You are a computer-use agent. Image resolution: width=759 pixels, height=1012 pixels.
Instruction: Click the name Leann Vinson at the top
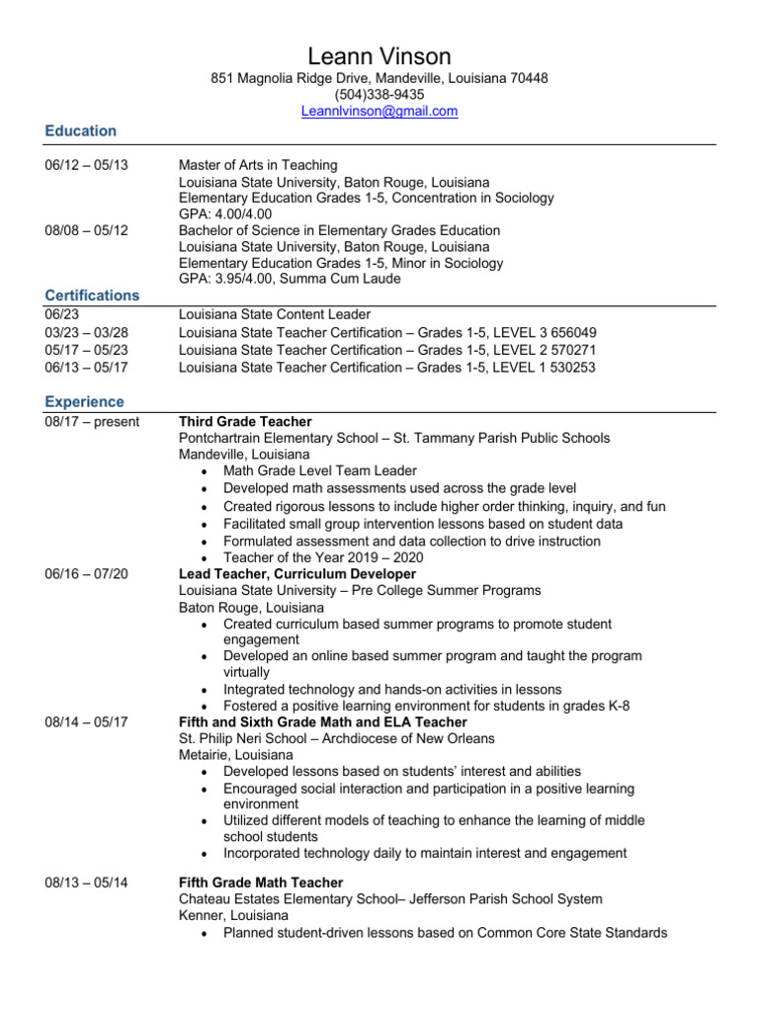(379, 55)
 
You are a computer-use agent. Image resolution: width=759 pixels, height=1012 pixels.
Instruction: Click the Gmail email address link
(379, 112)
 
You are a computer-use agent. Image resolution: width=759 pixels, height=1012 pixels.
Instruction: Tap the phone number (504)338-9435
(379, 95)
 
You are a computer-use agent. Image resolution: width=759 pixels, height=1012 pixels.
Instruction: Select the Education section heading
(80, 131)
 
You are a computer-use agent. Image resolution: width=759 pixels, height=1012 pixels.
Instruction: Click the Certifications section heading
(92, 295)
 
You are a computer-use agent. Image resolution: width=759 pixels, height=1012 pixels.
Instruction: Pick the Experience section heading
(84, 402)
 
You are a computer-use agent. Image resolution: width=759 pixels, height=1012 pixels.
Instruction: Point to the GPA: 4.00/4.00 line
(224, 214)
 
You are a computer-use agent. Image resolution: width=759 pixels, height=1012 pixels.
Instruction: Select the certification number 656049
(572, 333)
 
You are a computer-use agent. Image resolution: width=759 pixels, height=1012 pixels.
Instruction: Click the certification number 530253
(572, 368)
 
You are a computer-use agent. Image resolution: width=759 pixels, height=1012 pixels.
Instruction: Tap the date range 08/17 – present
(92, 422)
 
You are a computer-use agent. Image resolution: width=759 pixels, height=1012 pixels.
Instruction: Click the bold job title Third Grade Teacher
(244, 422)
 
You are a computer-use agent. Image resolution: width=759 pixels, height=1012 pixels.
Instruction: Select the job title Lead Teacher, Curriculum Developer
(296, 574)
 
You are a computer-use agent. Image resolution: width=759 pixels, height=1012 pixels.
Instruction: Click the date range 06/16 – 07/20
(86, 574)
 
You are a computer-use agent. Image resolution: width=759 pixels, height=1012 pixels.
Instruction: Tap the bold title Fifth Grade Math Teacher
(261, 883)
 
